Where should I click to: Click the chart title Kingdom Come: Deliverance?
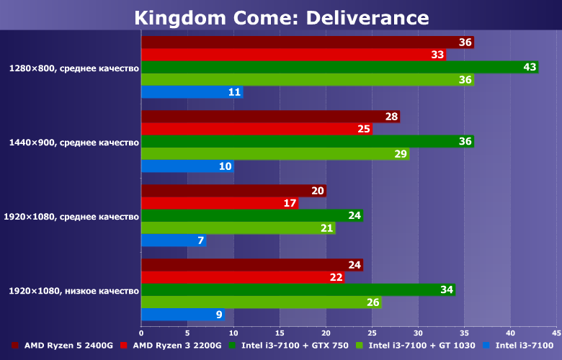tap(281, 17)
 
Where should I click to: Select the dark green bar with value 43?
tap(339, 67)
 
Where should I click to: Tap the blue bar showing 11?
tap(192, 92)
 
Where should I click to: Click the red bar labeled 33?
tap(293, 55)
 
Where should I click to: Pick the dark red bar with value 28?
tap(270, 117)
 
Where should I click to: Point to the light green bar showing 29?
tap(275, 153)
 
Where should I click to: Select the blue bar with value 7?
tap(174, 240)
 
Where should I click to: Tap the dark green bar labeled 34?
tap(298, 289)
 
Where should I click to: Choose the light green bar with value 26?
tap(261, 302)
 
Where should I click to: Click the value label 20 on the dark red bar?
tap(318, 191)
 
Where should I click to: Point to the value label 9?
tap(218, 315)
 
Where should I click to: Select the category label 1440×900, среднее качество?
tap(73, 143)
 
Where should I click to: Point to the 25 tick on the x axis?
tap(372, 333)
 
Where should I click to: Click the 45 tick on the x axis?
tap(556, 333)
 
